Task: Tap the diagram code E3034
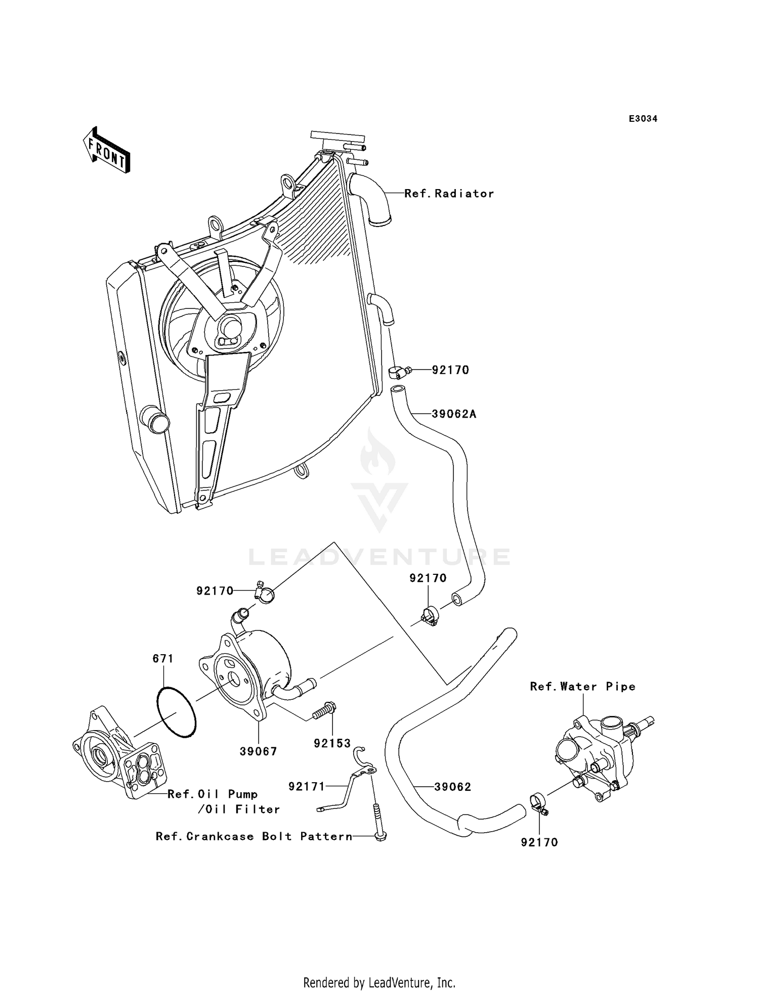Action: click(x=643, y=119)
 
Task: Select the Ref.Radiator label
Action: click(x=449, y=193)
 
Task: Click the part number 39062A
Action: click(x=454, y=414)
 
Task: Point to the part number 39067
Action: click(x=259, y=752)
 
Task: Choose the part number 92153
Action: click(x=332, y=743)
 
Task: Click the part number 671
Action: click(x=163, y=658)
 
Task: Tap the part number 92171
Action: click(x=307, y=787)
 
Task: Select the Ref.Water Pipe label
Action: click(x=582, y=686)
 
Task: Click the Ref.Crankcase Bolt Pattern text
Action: click(x=254, y=836)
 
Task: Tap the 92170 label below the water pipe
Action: click(x=539, y=842)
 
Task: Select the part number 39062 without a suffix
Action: click(x=452, y=787)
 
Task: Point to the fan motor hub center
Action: click(x=230, y=327)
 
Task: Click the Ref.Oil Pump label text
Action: click(x=213, y=794)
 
